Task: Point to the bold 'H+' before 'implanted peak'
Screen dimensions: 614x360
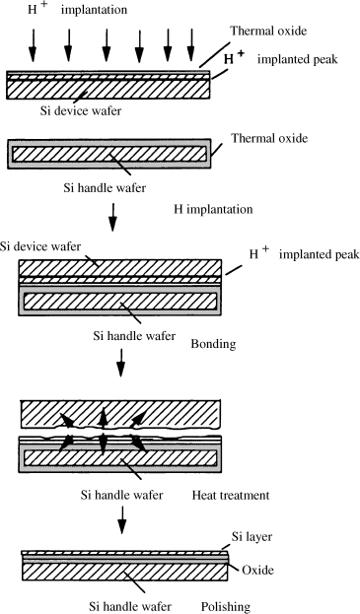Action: (x=235, y=58)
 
